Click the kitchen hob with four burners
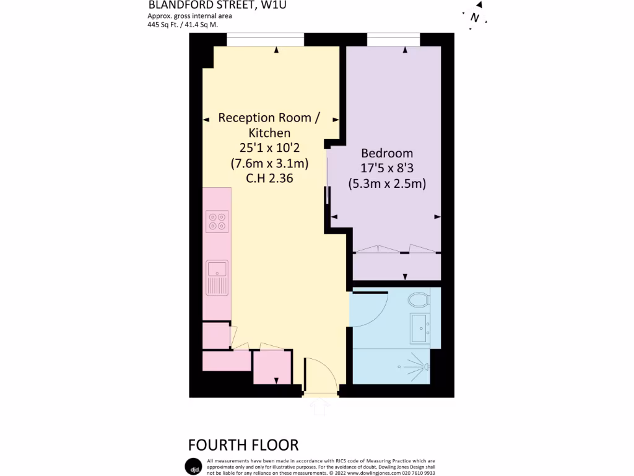tap(217, 221)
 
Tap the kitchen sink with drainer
tap(217, 276)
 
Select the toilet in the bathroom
tap(420, 300)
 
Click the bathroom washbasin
tap(420, 327)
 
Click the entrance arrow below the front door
tap(320, 407)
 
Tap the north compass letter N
tap(475, 17)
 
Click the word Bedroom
tap(387, 153)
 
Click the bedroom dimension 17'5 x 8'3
tap(387, 168)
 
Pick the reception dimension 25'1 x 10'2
tap(269, 148)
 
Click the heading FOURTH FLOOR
tap(243, 444)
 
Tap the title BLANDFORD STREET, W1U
tap(218, 6)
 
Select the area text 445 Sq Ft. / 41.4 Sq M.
tap(183, 25)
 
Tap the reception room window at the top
tap(265, 39)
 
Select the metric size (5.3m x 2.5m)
tap(387, 183)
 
